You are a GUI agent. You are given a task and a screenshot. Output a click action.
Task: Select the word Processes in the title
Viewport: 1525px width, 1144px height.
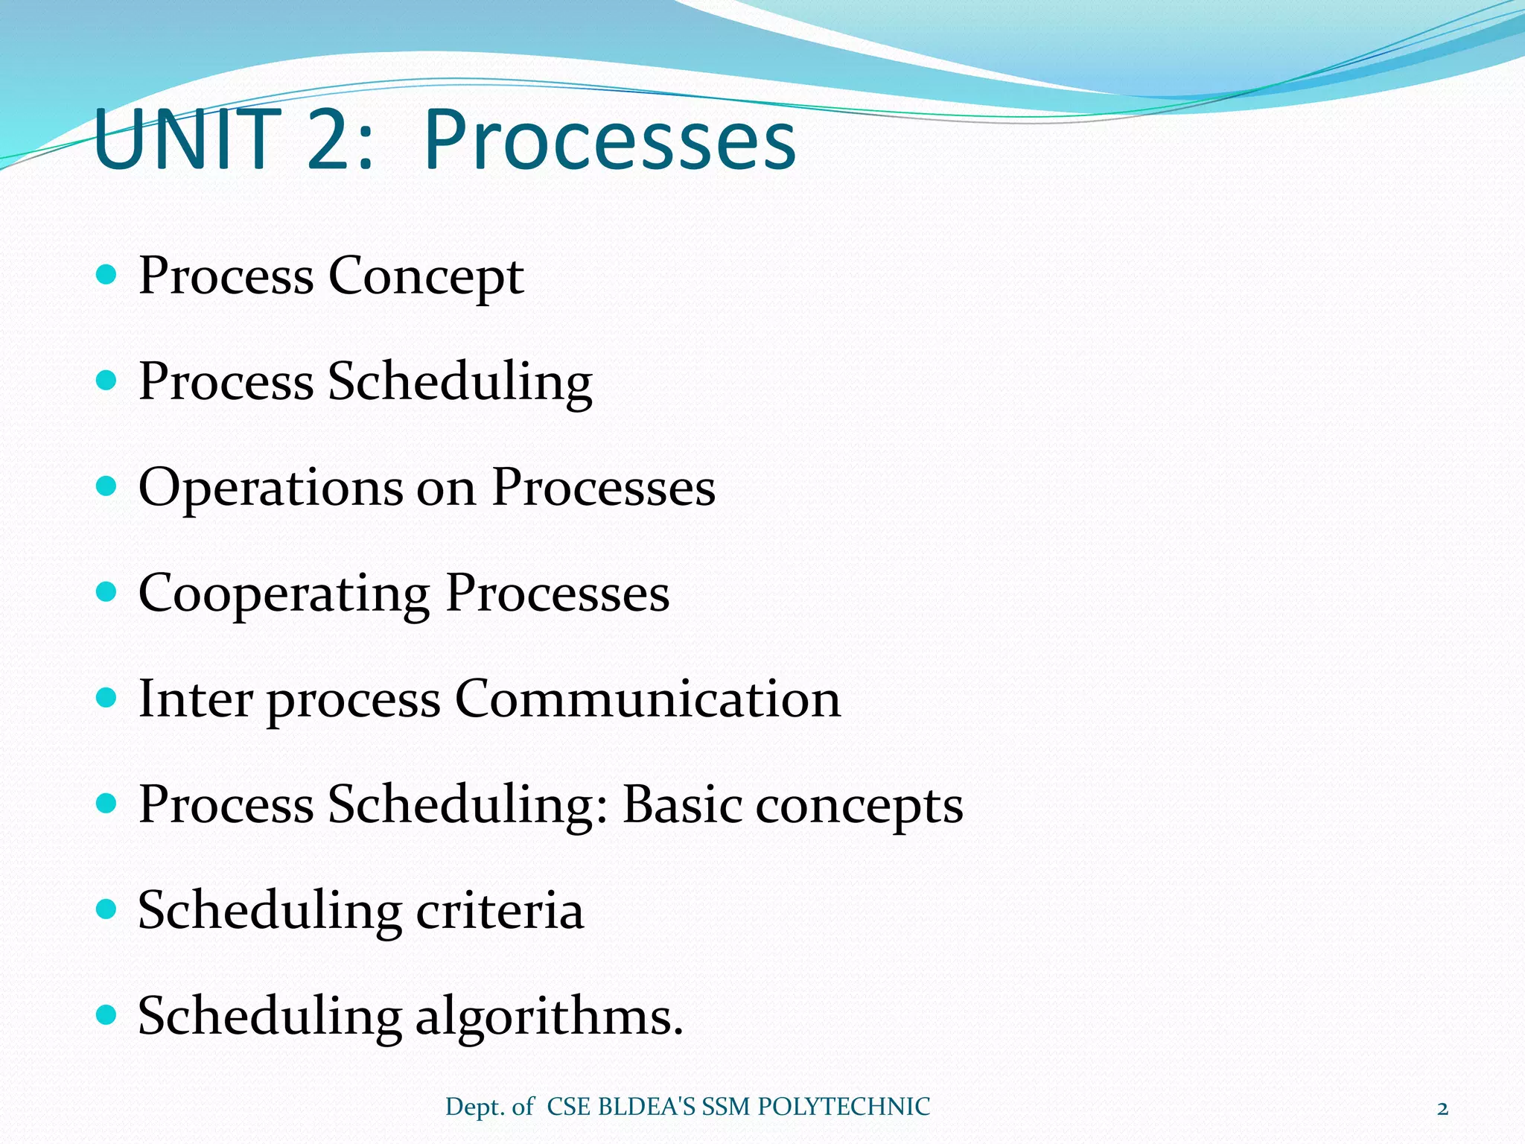pyautogui.click(x=610, y=140)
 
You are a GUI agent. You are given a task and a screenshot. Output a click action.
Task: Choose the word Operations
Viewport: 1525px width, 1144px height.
pyautogui.click(x=270, y=489)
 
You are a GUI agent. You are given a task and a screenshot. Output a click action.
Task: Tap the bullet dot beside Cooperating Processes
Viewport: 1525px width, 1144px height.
pyautogui.click(x=107, y=593)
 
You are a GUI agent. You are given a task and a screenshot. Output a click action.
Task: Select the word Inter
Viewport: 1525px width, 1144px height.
pyautogui.click(x=195, y=699)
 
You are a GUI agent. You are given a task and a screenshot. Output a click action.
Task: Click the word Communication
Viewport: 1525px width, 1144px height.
pyautogui.click(x=648, y=699)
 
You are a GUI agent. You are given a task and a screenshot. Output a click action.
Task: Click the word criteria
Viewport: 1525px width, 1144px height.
pyautogui.click(x=500, y=910)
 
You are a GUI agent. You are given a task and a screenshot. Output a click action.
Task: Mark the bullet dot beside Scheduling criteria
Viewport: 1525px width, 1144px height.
pyautogui.click(x=107, y=909)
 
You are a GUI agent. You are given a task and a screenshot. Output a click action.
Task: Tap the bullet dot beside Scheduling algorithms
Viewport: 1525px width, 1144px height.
pyautogui.click(x=107, y=1014)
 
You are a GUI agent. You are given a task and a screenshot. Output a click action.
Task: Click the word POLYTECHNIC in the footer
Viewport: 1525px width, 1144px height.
pyautogui.click(x=843, y=1107)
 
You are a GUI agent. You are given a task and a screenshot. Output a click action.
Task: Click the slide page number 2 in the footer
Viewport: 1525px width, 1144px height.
pyautogui.click(x=1442, y=1109)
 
